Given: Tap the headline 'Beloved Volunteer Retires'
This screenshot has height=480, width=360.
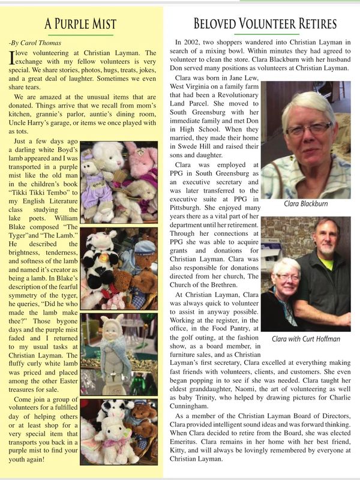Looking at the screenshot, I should click(265, 24).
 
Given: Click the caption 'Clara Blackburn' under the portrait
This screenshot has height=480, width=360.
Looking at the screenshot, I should click(307, 204).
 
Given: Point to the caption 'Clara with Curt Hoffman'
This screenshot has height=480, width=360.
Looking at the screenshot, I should click(306, 339).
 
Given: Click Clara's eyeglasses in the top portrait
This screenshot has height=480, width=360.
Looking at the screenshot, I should click(309, 128).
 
